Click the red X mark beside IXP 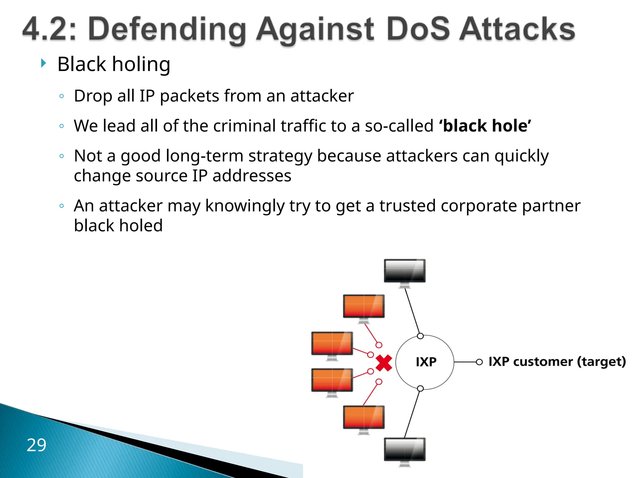[384, 363]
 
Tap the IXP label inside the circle [426, 362]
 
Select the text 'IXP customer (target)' [557, 362]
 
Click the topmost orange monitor [364, 306]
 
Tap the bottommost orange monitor [364, 417]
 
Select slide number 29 [36, 445]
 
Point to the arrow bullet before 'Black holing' [44, 63]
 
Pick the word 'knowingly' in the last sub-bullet [245, 206]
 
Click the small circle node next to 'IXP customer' [479, 362]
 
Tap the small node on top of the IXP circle [420, 336]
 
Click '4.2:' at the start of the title [49, 30]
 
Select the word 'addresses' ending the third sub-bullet [252, 176]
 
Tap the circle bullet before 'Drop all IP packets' [62, 96]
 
